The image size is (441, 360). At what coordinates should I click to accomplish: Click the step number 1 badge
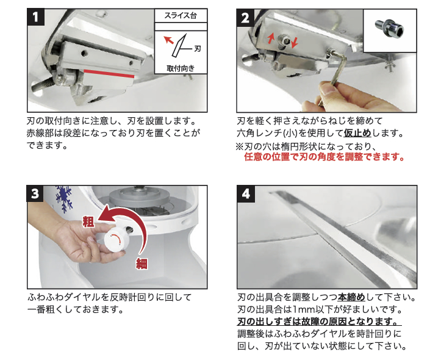tap(37, 17)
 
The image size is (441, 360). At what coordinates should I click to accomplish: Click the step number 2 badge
tap(245, 17)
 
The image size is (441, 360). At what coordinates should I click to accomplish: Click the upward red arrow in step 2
tap(271, 38)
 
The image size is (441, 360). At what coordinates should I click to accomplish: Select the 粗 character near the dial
tap(88, 222)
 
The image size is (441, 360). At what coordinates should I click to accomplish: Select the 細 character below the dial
tap(141, 263)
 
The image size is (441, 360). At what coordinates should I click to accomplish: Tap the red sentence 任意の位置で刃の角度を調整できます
tap(324, 157)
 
